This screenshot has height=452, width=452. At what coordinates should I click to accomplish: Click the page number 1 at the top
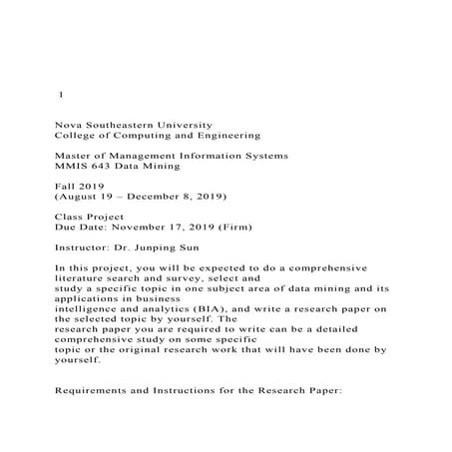click(62, 95)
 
